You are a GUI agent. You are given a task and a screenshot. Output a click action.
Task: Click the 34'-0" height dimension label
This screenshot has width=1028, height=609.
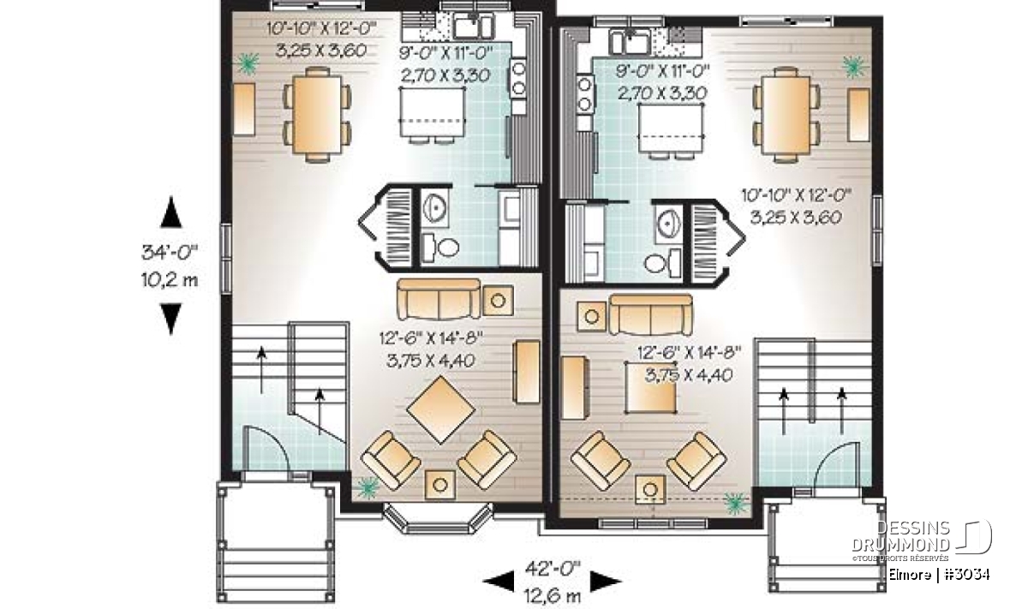[x=170, y=253]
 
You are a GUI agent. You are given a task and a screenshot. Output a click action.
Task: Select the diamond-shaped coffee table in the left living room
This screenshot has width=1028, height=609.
[x=440, y=409]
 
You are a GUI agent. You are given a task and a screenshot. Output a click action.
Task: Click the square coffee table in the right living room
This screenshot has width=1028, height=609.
[x=651, y=387]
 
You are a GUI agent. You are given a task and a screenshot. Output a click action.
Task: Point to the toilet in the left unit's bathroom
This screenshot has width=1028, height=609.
[x=439, y=248]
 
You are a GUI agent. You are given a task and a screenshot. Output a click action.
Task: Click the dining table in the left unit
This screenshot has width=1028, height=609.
[x=318, y=115]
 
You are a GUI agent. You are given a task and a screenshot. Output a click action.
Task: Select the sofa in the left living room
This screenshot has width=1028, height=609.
[x=439, y=299]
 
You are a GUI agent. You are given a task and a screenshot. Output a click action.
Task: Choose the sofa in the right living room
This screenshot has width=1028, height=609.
[x=650, y=315]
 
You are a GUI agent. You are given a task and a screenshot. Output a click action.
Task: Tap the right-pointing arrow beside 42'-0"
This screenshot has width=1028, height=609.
[x=606, y=581]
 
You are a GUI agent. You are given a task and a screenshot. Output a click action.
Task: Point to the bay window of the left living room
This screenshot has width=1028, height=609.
[x=439, y=518]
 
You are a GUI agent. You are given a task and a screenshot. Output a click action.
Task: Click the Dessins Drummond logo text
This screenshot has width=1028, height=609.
[x=900, y=536]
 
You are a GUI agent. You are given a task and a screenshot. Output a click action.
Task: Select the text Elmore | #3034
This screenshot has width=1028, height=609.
[x=939, y=575]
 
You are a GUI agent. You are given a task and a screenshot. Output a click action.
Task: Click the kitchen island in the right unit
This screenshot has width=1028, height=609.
[x=671, y=128]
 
